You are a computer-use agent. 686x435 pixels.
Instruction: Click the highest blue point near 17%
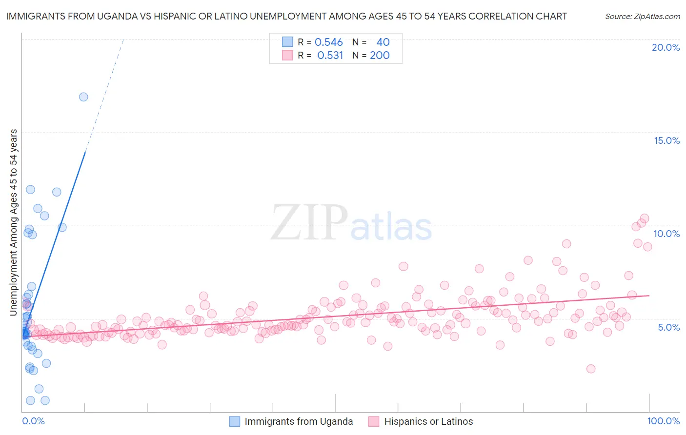coord(83,97)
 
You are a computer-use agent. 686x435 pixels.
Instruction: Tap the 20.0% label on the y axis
coord(666,47)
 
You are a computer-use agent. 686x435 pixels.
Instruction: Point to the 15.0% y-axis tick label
coord(666,140)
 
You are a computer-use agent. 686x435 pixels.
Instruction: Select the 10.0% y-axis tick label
coord(666,234)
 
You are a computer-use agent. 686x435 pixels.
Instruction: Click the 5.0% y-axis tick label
coord(668,327)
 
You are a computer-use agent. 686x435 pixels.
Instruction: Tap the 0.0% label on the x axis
coord(33,421)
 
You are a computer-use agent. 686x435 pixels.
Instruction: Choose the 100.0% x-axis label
coord(663,421)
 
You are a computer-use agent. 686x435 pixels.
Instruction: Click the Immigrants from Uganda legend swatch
coord(235,421)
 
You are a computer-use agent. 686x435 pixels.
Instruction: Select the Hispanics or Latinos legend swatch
coord(374,421)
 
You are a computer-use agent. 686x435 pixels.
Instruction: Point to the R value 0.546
coord(328,42)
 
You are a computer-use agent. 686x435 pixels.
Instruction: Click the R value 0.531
coord(330,56)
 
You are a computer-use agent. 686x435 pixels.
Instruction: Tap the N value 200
coord(380,56)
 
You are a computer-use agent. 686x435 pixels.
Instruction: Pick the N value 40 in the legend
coord(383,42)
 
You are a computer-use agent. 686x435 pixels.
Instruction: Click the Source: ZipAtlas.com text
coord(642,16)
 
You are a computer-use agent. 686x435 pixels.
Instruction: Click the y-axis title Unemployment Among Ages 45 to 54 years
coord(14,222)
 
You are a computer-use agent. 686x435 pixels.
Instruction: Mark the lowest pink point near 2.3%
coord(591,369)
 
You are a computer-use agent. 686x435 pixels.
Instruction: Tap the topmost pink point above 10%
coord(644,218)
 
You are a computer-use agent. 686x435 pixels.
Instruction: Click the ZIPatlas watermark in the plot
coord(351,223)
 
